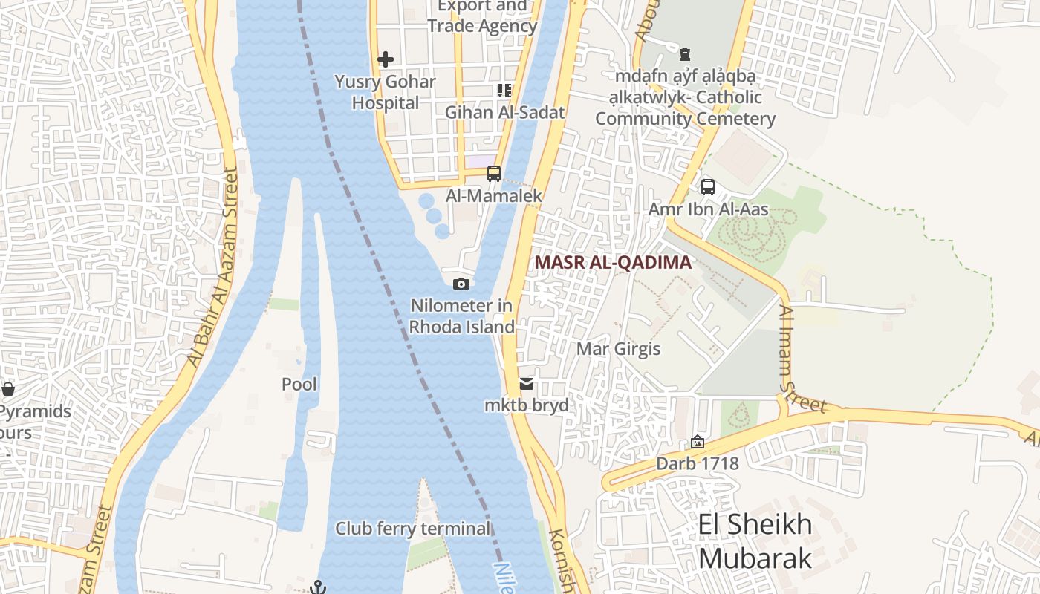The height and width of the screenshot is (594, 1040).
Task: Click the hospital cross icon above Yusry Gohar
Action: [x=386, y=59]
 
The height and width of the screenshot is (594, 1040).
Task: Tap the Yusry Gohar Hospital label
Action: [x=385, y=92]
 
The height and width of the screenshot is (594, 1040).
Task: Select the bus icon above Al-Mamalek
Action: [x=494, y=174]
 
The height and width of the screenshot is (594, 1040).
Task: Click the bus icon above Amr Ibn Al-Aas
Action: [x=708, y=187]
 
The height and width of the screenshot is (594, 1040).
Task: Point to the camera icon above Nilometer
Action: [x=461, y=284]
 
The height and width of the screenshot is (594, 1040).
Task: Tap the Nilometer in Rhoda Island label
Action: [x=462, y=316]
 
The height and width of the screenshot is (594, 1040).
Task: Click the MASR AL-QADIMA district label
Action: [x=613, y=262]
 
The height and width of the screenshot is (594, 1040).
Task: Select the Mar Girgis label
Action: [x=618, y=349]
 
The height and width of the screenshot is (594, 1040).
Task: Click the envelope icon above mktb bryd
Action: [x=527, y=384]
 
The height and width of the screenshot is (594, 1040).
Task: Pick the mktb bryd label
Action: [x=526, y=405]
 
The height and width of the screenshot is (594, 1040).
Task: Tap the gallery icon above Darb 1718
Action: [x=698, y=442]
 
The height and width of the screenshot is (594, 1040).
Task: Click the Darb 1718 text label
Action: [x=698, y=464]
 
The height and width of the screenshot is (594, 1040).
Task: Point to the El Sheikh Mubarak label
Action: [x=755, y=541]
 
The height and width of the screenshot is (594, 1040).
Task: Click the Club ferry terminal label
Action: [x=413, y=529]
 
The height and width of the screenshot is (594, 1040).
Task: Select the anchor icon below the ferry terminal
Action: [x=318, y=587]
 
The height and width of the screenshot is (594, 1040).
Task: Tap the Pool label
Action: [x=299, y=384]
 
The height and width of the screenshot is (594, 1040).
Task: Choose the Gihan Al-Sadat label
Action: [x=505, y=112]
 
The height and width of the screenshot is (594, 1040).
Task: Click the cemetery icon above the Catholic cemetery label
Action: [x=685, y=54]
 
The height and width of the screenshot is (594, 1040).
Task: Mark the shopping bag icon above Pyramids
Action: [x=8, y=389]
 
